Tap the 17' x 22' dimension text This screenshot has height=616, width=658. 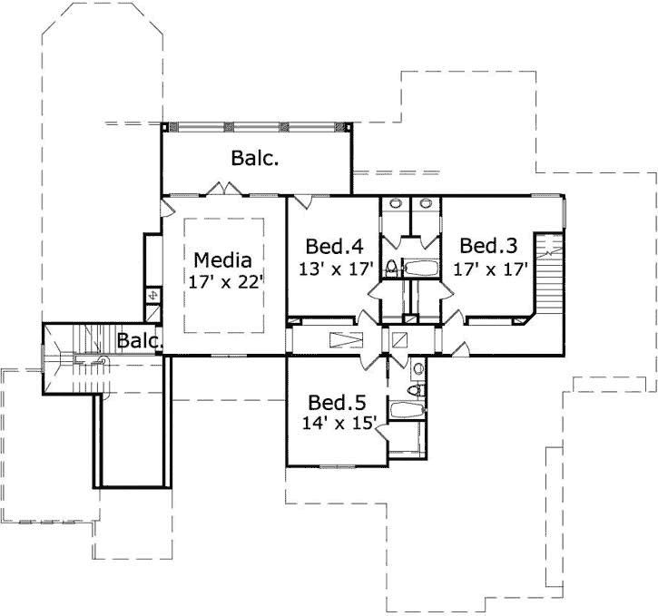[x=226, y=282]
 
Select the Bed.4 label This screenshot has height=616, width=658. [x=334, y=246]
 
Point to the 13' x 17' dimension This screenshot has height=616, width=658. [x=336, y=268]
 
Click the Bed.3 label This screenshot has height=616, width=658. [x=488, y=246]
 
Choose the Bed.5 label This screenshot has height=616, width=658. [x=337, y=402]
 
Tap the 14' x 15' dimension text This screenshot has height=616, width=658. [x=339, y=424]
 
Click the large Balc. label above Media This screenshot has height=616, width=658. [x=254, y=159]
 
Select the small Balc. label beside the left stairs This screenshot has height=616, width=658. [x=140, y=342]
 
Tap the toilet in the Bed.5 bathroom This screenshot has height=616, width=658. [x=415, y=390]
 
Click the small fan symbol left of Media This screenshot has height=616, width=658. [x=152, y=295]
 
